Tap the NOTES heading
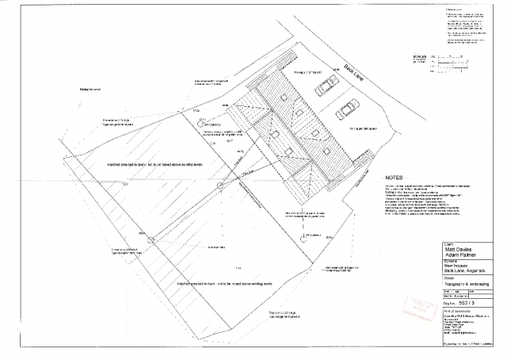(x=395, y=177)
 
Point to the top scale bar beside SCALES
(x=455, y=57)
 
